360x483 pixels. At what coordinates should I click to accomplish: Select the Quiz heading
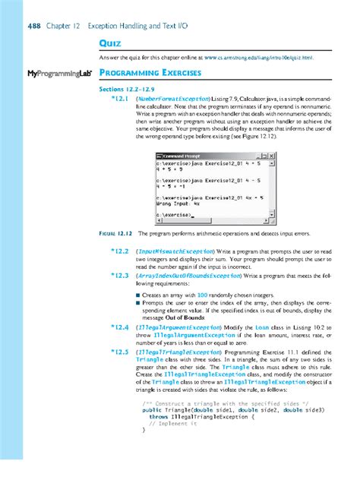pos(112,43)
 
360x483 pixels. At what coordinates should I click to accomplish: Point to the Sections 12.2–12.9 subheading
pos(127,89)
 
